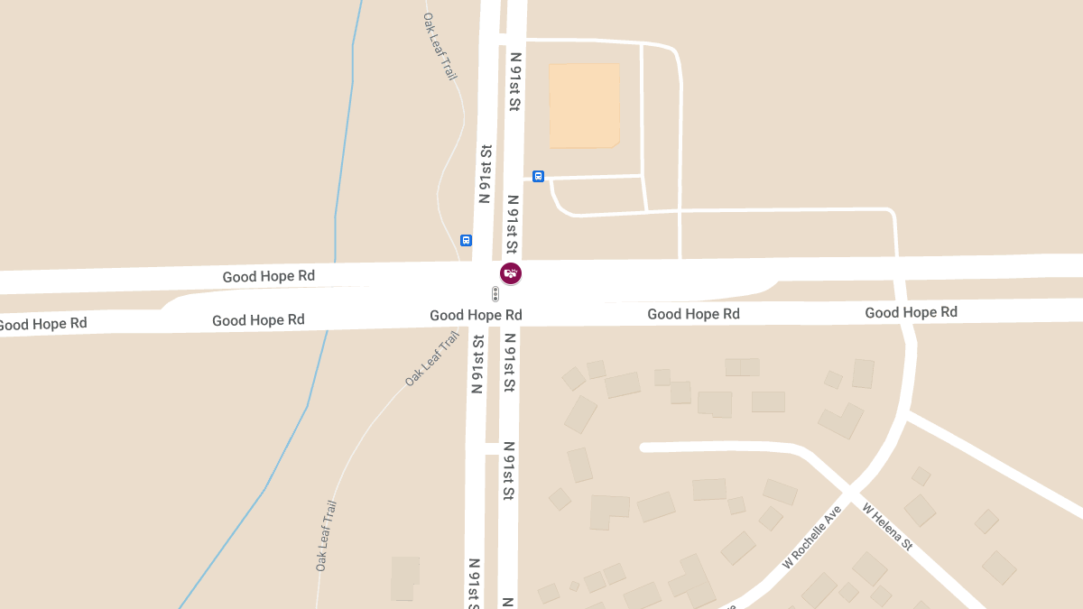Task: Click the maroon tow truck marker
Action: coord(511,272)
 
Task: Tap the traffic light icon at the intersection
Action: coord(495,293)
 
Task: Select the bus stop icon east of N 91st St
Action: coord(538,176)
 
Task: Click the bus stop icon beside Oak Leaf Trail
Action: coord(466,240)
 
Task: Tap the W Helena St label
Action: coord(888,527)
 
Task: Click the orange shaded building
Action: coord(584,105)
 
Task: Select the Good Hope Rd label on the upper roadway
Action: coord(269,276)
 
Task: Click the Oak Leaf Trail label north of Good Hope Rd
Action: coord(441,46)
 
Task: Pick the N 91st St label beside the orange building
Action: coord(515,81)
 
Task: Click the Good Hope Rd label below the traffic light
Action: coord(476,315)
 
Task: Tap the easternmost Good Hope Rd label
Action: coord(911,312)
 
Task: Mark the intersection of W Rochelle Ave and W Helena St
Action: coord(848,492)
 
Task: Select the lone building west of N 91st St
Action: coord(405,578)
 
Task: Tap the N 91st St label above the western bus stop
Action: coord(485,173)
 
